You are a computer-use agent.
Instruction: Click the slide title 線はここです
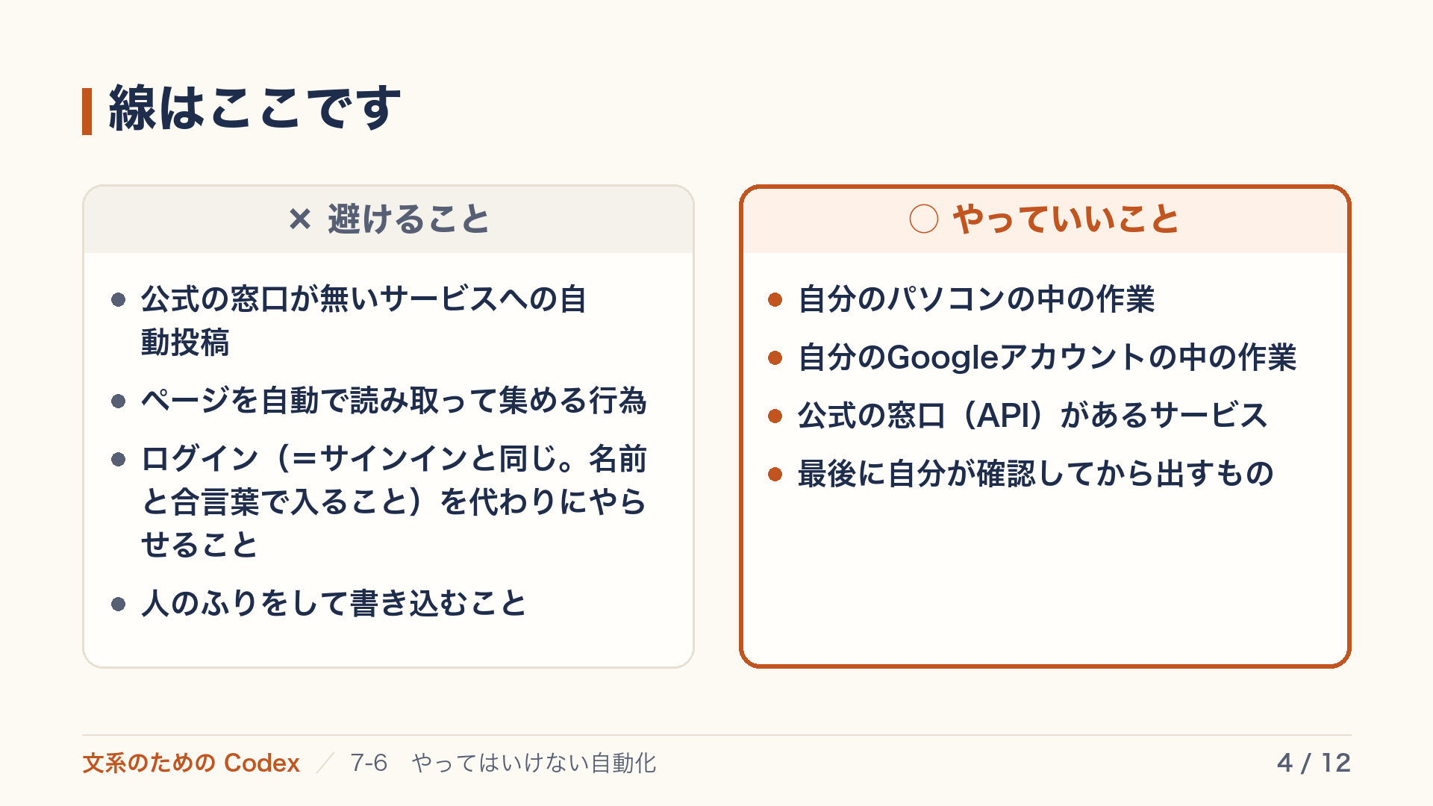tap(255, 109)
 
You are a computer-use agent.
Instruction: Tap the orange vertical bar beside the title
tap(87, 111)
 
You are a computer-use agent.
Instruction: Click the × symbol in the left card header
tap(300, 219)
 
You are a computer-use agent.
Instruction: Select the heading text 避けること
tap(408, 219)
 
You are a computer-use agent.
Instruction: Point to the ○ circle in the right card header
tap(924, 219)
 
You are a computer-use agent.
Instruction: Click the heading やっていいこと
tap(1066, 219)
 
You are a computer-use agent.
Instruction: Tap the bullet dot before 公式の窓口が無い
tap(118, 300)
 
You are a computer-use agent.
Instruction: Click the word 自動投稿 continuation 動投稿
tap(185, 343)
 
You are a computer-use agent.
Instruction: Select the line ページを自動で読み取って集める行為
tap(394, 401)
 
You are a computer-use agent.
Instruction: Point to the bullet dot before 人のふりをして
tap(118, 604)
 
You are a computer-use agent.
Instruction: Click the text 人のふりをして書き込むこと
tap(334, 604)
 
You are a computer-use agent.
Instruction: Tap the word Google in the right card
tap(943, 357)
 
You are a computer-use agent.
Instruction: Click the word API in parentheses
tap(1008, 416)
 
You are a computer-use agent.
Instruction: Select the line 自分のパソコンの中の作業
tap(976, 300)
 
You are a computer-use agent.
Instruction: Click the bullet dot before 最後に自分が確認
tap(775, 474)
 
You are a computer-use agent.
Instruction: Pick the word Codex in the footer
tap(262, 763)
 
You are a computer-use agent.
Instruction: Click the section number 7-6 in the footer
tap(369, 763)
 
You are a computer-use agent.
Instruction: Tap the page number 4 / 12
tap(1314, 763)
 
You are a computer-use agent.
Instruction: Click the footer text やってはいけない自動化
tap(534, 763)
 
